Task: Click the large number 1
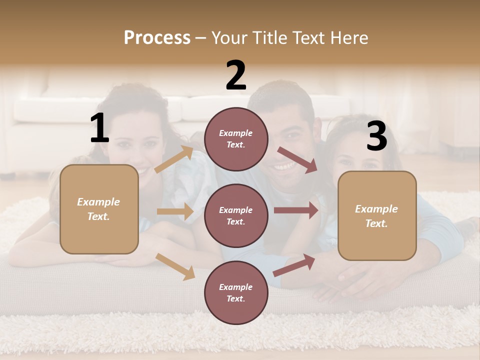coord(99,128)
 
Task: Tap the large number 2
coord(236,75)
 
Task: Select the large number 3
coord(376,136)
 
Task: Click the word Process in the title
coord(157,37)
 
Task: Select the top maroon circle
coord(236,139)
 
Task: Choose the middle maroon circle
coord(236,215)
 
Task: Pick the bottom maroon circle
coord(236,292)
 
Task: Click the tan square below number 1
coord(99,209)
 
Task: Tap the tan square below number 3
coord(377,215)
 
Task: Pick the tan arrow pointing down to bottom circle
coord(175,266)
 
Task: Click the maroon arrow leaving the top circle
coord(297,160)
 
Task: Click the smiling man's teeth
coord(285,165)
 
